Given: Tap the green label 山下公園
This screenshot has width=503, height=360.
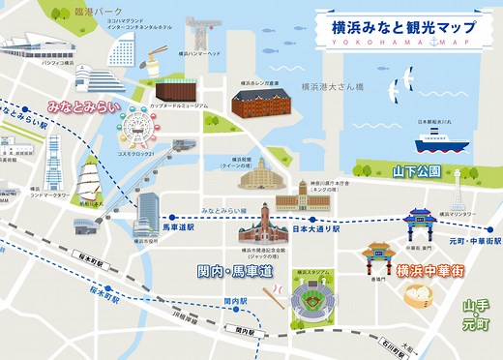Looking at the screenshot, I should click(x=416, y=172).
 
